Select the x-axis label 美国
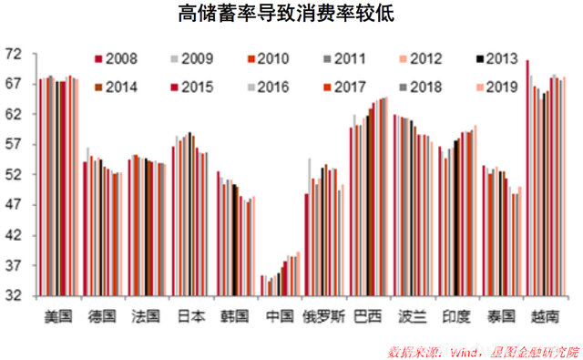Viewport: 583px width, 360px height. point(59,316)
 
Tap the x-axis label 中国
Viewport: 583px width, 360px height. point(281,316)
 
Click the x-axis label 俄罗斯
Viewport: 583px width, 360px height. point(324,316)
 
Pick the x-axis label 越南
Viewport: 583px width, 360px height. point(546,316)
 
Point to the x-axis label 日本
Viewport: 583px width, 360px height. point(191,316)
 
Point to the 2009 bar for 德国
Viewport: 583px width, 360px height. point(88,223)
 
